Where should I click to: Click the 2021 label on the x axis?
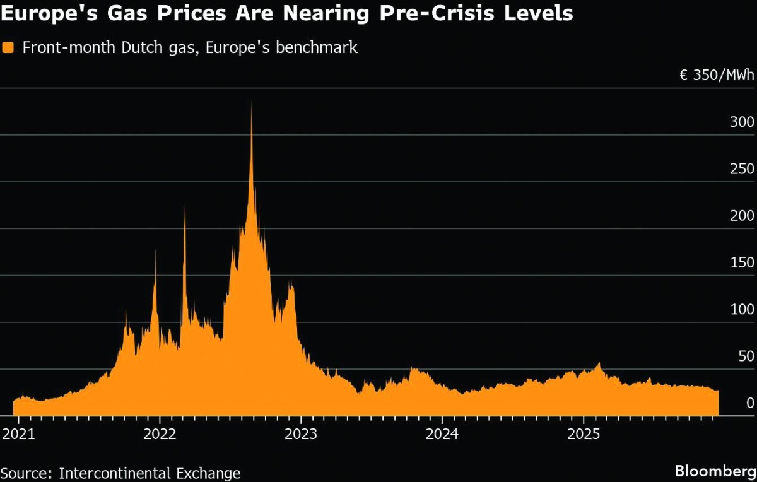(18, 434)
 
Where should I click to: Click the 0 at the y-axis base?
(749, 403)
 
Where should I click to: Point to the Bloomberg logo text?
(715, 471)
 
